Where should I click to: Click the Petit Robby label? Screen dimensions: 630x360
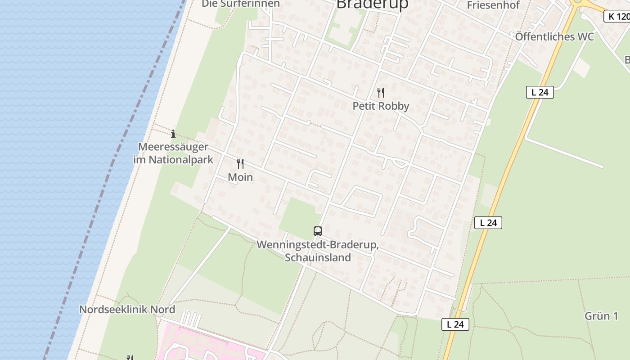coord(381,106)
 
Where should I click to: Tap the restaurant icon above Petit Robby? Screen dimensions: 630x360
coord(381,93)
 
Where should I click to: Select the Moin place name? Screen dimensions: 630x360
coord(240,177)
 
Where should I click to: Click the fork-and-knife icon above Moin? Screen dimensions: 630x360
coord(240,164)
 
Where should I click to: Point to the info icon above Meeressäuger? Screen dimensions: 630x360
coord(173,134)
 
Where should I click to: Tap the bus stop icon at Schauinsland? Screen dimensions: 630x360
coord(318,231)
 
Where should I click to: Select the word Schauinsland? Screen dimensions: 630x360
coord(318,258)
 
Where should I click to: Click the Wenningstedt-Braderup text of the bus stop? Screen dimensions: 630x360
coord(318,246)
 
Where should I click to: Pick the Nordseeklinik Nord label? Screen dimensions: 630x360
coord(127,310)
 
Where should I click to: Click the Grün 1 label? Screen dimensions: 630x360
coord(601,316)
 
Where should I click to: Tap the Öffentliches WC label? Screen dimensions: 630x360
coord(554,37)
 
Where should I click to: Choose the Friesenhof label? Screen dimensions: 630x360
coord(493,5)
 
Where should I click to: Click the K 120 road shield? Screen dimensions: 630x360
coord(617,17)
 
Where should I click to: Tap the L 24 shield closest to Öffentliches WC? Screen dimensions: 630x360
coord(540,92)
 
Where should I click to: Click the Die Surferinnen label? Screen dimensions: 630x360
coord(241,4)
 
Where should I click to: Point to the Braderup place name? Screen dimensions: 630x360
coord(372,4)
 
